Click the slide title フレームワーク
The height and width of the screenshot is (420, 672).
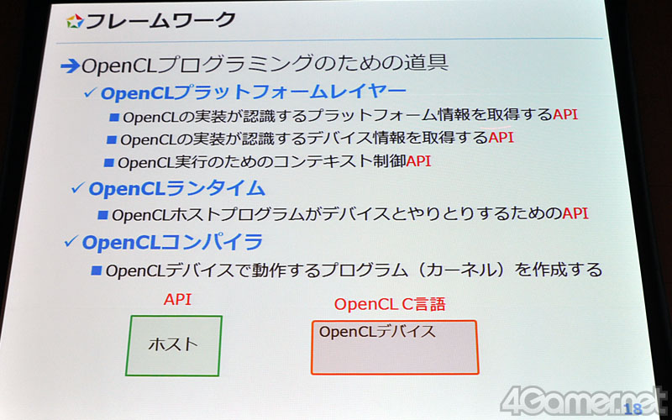click(160, 20)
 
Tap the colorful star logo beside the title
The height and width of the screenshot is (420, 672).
click(75, 21)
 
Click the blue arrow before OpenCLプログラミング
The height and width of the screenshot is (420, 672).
click(70, 66)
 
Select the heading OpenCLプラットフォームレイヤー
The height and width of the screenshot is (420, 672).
click(254, 92)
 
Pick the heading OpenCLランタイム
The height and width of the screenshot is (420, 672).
click(176, 188)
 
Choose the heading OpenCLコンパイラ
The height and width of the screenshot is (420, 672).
click(172, 243)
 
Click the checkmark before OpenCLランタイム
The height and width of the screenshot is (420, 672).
click(77, 187)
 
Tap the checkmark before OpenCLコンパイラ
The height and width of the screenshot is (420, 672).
click(71, 242)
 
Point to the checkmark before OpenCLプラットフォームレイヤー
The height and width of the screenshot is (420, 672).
click(90, 92)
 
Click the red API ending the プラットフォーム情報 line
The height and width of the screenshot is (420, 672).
click(565, 114)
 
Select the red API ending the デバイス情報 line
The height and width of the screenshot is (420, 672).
click(501, 138)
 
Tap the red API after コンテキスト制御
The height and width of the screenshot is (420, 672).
click(418, 161)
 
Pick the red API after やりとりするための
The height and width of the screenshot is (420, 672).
click(575, 213)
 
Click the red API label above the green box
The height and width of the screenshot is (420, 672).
click(177, 300)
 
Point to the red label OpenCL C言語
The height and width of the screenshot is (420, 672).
click(390, 304)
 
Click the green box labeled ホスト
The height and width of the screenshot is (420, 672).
click(174, 345)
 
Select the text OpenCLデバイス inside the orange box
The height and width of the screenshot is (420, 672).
click(377, 332)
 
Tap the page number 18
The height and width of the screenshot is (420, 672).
click(633, 409)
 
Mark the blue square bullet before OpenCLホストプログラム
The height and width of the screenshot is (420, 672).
click(102, 215)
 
